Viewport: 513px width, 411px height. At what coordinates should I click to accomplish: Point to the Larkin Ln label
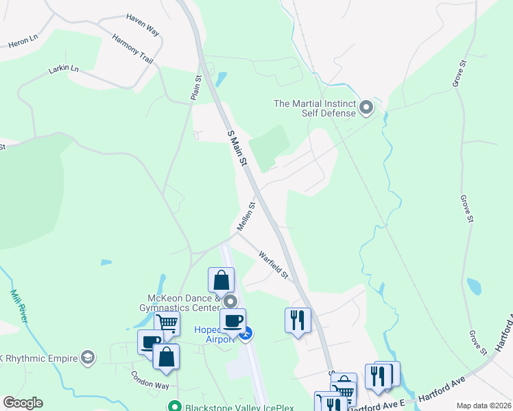tap(64, 69)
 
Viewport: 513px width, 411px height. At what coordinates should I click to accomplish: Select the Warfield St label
tap(274, 264)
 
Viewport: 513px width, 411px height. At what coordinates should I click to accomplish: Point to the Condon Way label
tap(150, 380)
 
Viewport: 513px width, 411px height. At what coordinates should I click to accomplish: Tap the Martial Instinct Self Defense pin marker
tap(366, 108)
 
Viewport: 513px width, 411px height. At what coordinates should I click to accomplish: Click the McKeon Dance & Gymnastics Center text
tap(184, 303)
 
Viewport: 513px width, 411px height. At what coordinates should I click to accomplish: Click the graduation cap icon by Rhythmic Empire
tap(87, 357)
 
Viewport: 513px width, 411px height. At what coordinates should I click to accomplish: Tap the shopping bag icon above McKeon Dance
tap(221, 279)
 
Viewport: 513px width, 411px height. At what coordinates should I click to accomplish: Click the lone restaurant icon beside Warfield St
tap(298, 319)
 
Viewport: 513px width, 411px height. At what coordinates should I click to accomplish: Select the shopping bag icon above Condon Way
tap(166, 356)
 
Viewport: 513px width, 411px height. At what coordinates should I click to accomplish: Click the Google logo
tap(23, 403)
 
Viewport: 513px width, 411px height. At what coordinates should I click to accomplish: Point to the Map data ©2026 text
tap(483, 406)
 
